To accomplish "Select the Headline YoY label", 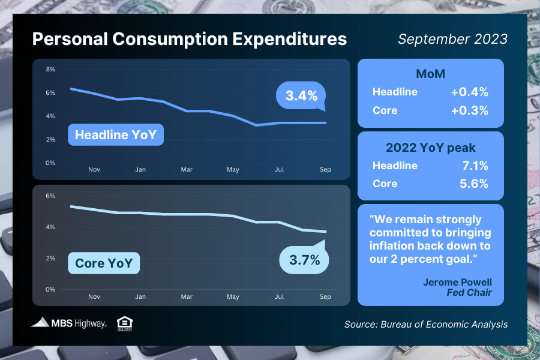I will (x=115, y=135).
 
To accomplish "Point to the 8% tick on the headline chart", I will (x=50, y=70).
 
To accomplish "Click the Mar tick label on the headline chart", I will (x=187, y=170).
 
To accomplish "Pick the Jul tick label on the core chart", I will (x=279, y=296).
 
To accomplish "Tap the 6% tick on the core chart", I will (x=50, y=196).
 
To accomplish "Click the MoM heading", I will (x=430, y=74).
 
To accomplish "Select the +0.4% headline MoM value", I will (x=469, y=92).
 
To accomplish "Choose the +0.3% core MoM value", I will (x=469, y=110).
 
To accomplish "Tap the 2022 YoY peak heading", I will (x=430, y=148).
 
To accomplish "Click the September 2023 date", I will (x=452, y=39).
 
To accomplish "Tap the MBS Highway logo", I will (x=69, y=323).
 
